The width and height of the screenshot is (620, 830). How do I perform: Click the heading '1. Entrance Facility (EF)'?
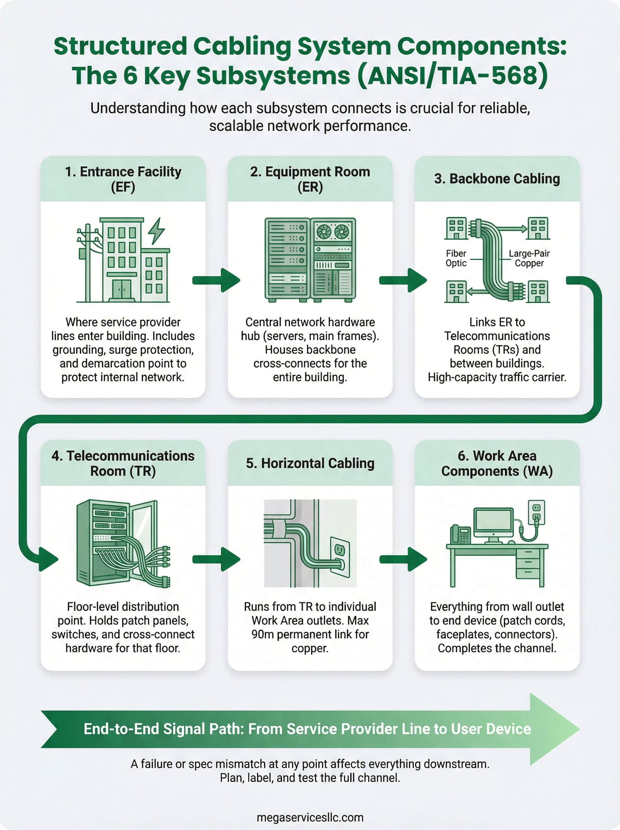(x=123, y=179)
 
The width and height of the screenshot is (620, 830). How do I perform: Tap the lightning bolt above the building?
(x=156, y=230)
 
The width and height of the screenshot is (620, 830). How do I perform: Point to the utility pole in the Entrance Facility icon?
(x=88, y=262)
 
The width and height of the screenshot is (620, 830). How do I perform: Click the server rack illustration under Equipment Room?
(x=310, y=259)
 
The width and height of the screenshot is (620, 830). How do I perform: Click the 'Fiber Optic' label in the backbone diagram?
(x=456, y=258)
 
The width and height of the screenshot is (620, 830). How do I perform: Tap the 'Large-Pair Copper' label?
(x=529, y=258)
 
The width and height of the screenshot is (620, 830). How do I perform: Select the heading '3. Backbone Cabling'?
(x=497, y=178)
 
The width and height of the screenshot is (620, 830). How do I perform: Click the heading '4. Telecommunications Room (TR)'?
(x=123, y=463)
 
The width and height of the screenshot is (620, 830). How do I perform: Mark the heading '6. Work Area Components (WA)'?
(x=497, y=463)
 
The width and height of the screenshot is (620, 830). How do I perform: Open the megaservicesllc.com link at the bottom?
(x=310, y=817)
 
